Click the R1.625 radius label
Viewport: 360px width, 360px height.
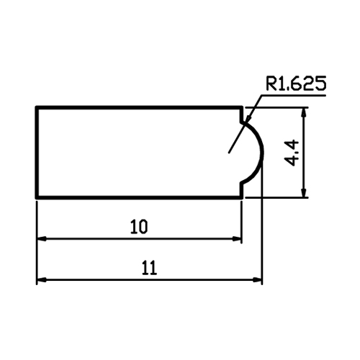pyautogui.click(x=296, y=84)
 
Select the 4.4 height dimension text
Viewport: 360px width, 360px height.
pyautogui.click(x=292, y=153)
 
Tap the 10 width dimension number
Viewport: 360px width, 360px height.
pyautogui.click(x=139, y=227)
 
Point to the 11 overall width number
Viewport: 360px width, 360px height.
pyautogui.click(x=149, y=268)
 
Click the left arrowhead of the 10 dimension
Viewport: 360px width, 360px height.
pyautogui.click(x=42, y=239)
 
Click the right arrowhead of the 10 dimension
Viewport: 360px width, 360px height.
pyautogui.click(x=237, y=239)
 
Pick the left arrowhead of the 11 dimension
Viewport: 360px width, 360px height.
pyautogui.click(x=42, y=280)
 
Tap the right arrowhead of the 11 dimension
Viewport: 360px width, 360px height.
pyautogui.click(x=257, y=280)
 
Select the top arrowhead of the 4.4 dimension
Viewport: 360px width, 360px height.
pyautogui.click(x=305, y=112)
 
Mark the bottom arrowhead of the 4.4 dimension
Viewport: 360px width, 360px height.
pyautogui.click(x=305, y=193)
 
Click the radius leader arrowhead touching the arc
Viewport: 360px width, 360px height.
pyautogui.click(x=247, y=120)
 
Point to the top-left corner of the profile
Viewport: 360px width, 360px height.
pyautogui.click(x=37, y=107)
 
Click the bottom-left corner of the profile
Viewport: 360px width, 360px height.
pyautogui.click(x=37, y=197)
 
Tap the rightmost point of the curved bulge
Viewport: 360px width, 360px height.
pyautogui.click(x=263, y=153)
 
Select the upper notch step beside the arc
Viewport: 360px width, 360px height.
pyautogui.click(x=241, y=115)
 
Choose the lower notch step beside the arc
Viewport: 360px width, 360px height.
pyautogui.click(x=241, y=189)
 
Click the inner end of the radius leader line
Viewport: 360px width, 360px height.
pyautogui.click(x=229, y=153)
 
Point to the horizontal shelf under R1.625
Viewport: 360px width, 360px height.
pyautogui.click(x=293, y=96)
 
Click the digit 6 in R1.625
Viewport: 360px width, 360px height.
pyautogui.click(x=294, y=84)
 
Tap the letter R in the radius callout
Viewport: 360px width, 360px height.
pyautogui.click(x=271, y=84)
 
